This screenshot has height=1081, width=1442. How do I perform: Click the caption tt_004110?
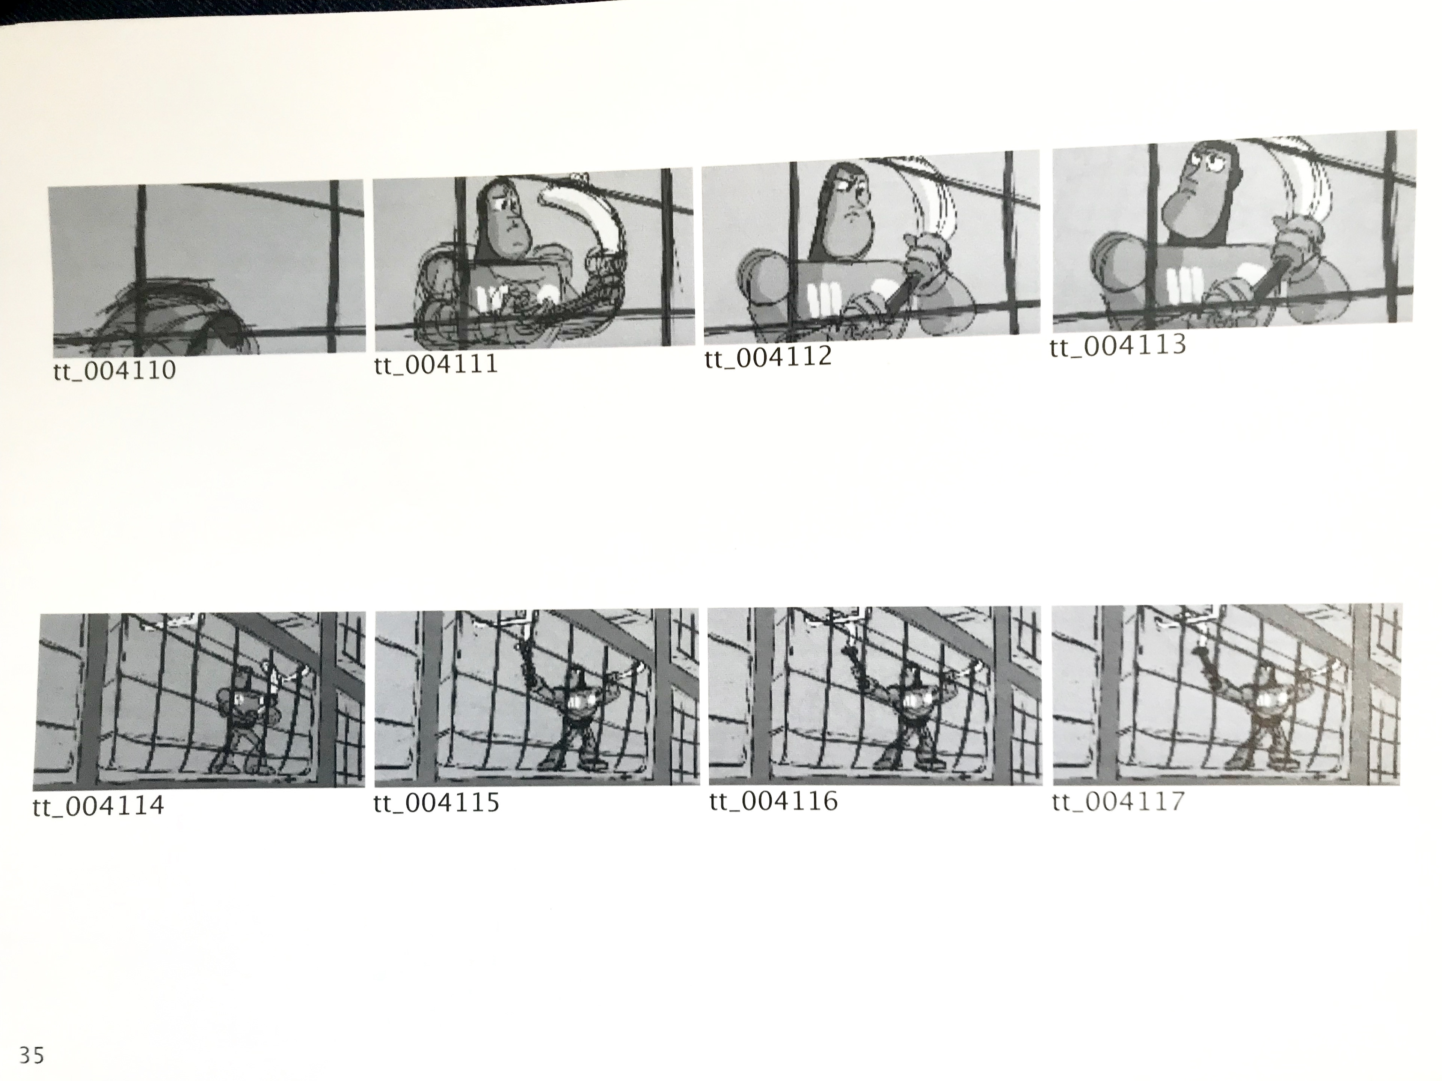pos(115,371)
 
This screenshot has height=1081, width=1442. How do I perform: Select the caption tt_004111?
pos(436,364)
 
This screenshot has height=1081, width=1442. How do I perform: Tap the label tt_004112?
pos(768,357)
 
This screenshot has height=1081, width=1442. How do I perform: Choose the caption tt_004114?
pos(98,806)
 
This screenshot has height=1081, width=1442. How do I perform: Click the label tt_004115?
pos(437,802)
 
